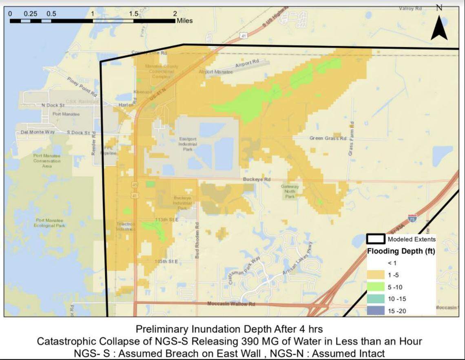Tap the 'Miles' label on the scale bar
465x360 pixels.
click(x=184, y=20)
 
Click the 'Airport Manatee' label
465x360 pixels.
click(x=215, y=72)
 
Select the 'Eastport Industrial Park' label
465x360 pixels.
click(x=188, y=144)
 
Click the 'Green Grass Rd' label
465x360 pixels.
click(x=328, y=138)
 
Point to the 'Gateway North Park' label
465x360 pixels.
click(x=290, y=191)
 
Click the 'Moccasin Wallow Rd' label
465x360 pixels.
click(x=231, y=304)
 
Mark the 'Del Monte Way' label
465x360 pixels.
click(x=38, y=132)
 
